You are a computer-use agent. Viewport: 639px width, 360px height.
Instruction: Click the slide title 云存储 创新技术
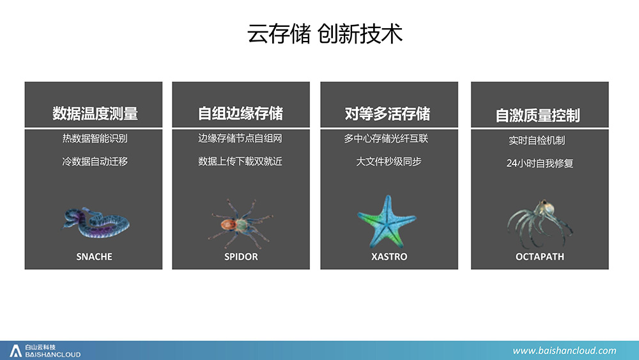(325, 33)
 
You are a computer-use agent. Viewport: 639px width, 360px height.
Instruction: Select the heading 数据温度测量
(95, 113)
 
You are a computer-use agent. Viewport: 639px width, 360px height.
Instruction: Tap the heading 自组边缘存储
(240, 113)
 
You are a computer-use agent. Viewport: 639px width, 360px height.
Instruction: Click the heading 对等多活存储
(387, 114)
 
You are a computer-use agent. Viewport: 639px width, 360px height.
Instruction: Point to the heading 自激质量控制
(537, 115)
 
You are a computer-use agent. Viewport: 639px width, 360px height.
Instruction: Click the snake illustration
(96, 223)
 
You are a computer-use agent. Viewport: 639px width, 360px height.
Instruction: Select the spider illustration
(240, 224)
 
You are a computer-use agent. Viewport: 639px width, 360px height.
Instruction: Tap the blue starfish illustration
(387, 221)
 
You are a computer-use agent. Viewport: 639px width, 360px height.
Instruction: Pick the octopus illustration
(539, 223)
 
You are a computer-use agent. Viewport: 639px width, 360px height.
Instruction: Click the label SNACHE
(94, 257)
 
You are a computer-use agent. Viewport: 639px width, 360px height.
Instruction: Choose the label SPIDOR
(241, 257)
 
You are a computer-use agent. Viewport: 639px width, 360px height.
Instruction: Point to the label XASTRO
(389, 257)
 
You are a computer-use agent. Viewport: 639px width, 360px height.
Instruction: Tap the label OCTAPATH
(539, 257)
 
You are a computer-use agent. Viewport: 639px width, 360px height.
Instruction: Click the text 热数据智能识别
(95, 139)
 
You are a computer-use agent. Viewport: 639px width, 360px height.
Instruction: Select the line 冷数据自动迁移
(95, 161)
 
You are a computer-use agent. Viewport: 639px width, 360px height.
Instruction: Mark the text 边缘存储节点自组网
(240, 139)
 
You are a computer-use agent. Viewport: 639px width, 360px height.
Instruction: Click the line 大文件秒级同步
(389, 161)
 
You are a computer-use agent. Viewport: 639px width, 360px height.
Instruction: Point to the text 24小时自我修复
(539, 164)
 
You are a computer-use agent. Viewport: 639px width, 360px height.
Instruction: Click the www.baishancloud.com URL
(564, 350)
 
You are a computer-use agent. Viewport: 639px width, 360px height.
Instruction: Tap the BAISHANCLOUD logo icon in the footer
(15, 351)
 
